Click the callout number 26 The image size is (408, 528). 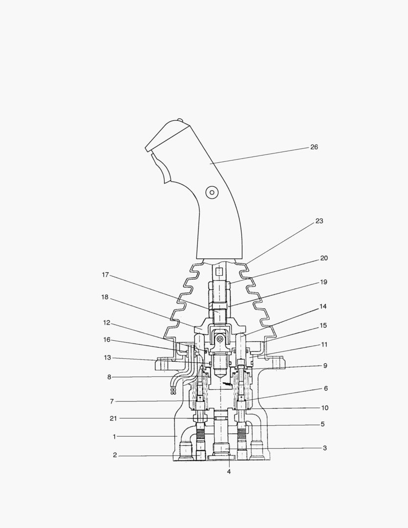click(314, 147)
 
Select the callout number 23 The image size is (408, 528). click(319, 221)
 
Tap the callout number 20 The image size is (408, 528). click(324, 258)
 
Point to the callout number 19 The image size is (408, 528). click(323, 282)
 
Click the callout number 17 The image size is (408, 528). click(105, 275)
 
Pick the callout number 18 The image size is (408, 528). click(105, 298)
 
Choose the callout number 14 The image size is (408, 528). click(323, 307)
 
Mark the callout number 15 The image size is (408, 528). click(323, 325)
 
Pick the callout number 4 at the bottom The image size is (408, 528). click(229, 472)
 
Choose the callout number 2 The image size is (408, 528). click(115, 455)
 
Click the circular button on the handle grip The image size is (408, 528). click(212, 193)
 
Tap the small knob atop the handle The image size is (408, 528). click(180, 120)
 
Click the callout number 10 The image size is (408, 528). click(324, 408)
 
